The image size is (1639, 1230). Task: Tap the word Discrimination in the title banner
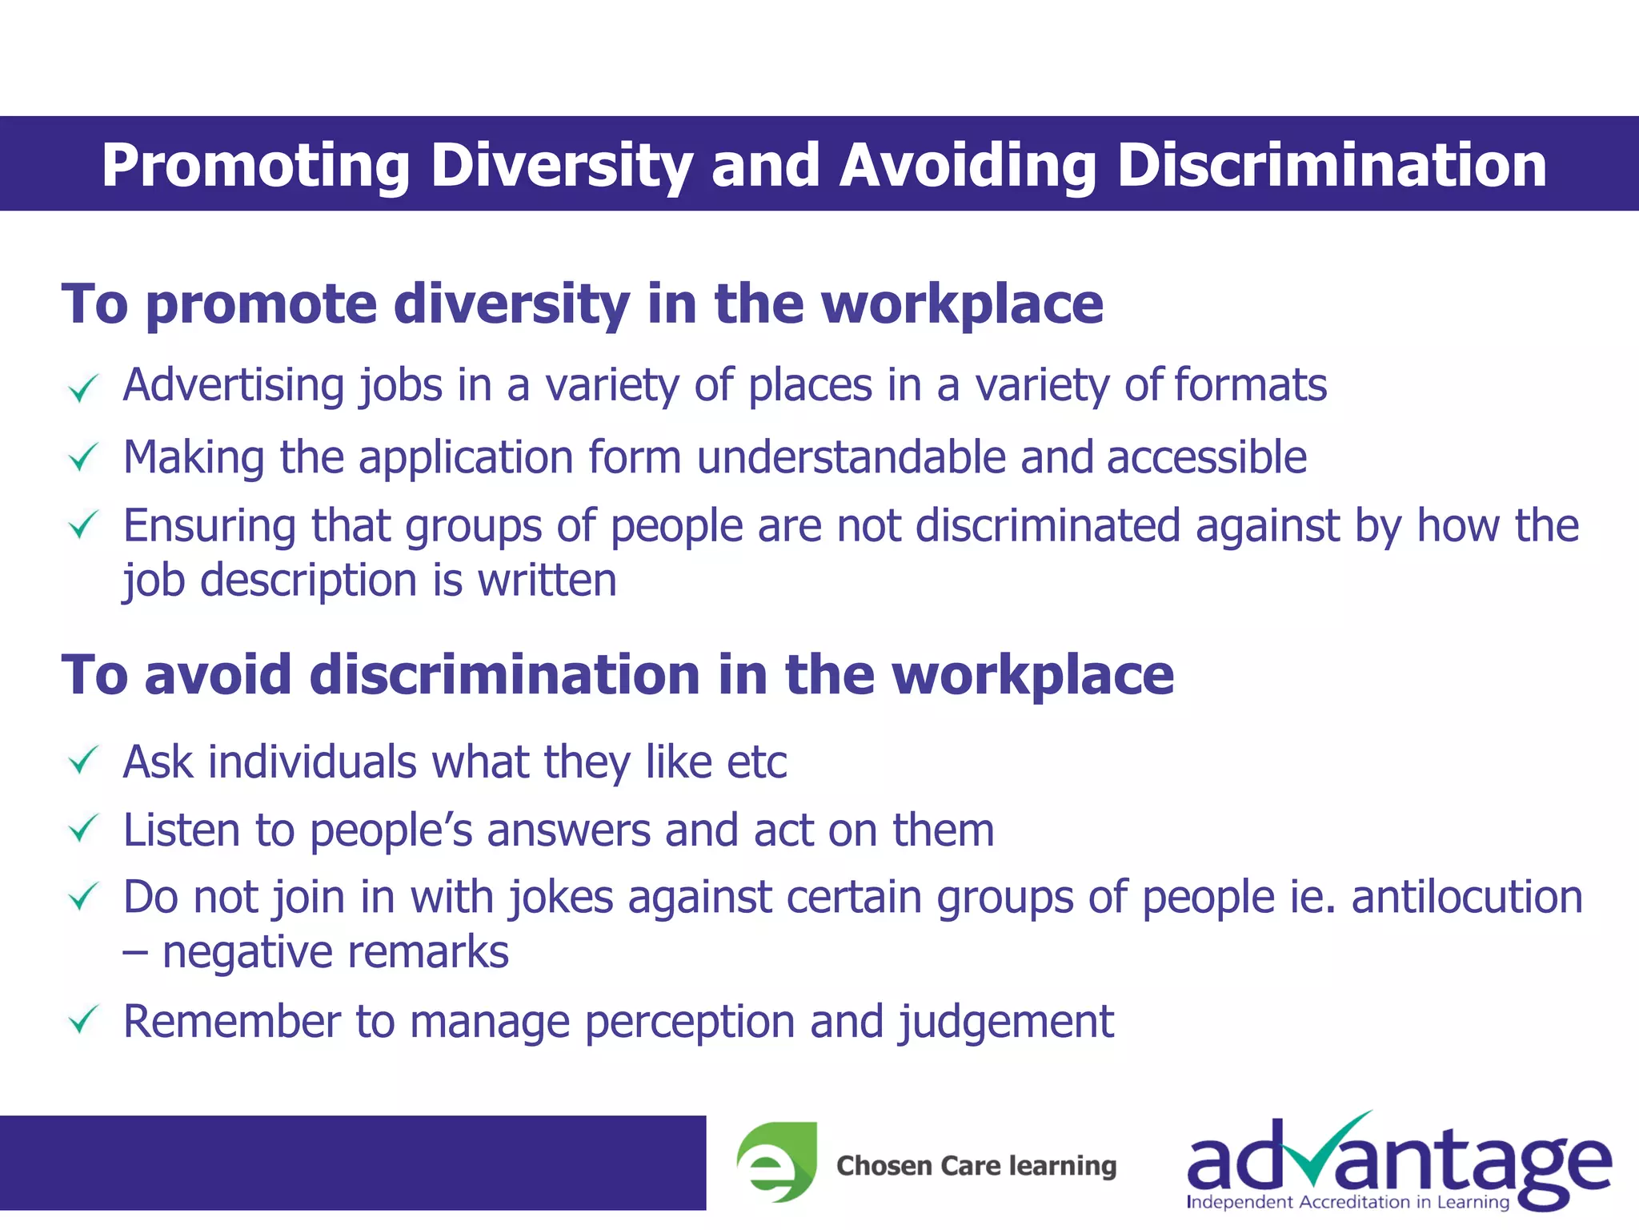tap(1331, 165)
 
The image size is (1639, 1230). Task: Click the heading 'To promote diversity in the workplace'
tap(583, 304)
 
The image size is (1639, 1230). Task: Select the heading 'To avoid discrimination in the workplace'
tap(618, 675)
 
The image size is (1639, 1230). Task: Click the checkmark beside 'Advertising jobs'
tap(83, 389)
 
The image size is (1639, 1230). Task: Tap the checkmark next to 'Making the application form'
tap(83, 458)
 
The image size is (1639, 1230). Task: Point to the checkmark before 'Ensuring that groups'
tap(83, 526)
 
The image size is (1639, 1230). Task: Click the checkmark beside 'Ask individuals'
tap(83, 761)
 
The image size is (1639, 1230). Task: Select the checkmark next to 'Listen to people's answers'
tap(83, 829)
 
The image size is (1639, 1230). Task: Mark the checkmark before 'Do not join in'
tap(83, 897)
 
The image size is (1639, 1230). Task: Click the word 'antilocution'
tap(1467, 897)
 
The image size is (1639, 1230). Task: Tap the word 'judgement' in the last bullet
tap(1006, 1023)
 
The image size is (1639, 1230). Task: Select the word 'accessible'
tap(1207, 457)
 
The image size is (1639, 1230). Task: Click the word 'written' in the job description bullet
tap(547, 580)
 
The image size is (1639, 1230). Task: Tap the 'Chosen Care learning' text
tap(976, 1166)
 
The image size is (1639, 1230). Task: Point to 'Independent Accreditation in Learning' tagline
tap(1348, 1202)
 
